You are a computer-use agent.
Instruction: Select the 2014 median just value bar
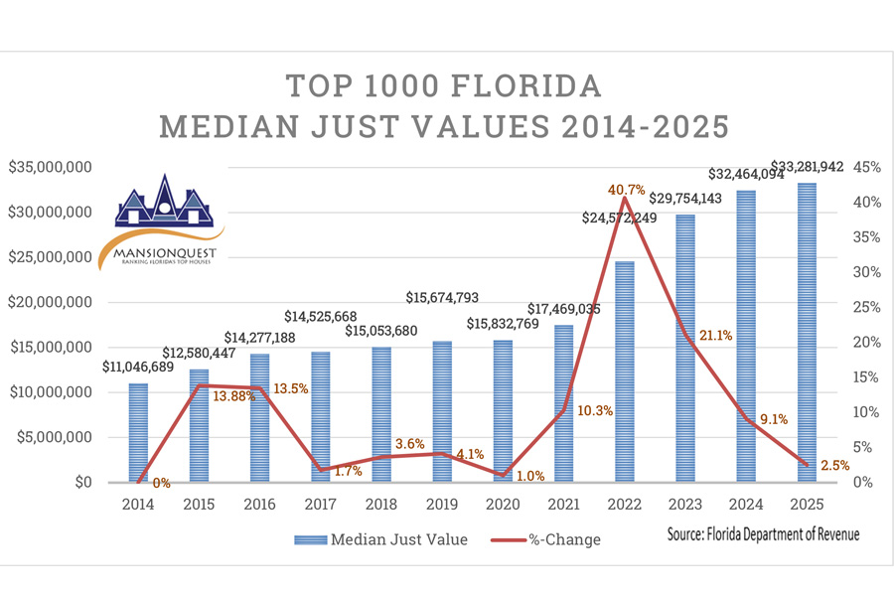point(138,432)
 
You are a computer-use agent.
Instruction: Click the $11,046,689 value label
point(139,366)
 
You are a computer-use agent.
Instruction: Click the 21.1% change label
point(714,336)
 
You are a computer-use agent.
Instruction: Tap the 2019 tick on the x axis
point(441,504)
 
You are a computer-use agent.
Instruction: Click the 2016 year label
point(259,504)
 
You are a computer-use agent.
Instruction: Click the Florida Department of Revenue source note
point(764,534)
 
